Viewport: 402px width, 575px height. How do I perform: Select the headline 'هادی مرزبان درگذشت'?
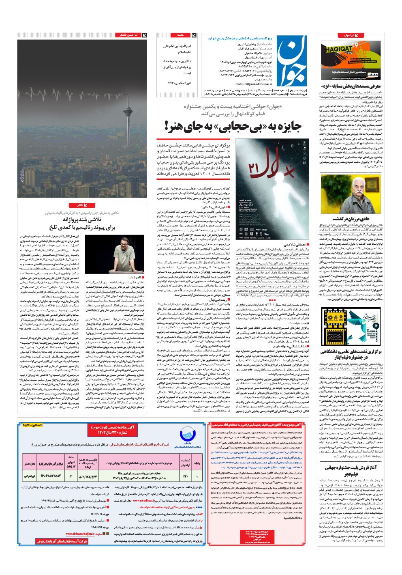pyautogui.click(x=351, y=219)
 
